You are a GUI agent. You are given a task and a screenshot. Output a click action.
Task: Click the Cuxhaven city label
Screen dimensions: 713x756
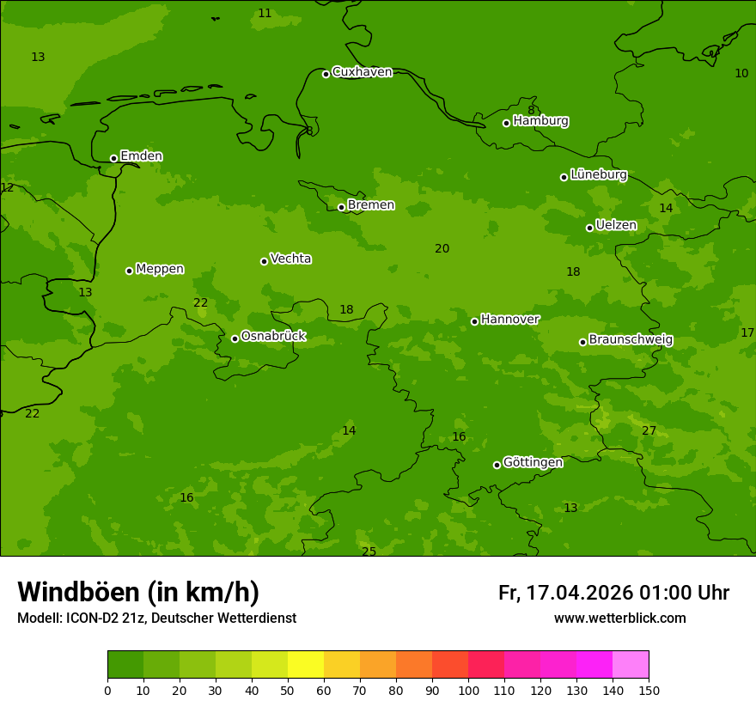tap(362, 72)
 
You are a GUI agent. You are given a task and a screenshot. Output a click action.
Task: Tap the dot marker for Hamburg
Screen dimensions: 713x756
tap(506, 123)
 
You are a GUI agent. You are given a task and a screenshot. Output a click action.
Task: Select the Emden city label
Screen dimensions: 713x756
tap(141, 156)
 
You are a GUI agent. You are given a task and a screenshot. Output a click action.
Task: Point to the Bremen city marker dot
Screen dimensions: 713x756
tap(341, 207)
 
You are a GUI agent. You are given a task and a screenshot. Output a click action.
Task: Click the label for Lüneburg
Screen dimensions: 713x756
tap(598, 174)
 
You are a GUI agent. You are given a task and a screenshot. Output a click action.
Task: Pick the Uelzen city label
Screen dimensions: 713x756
tap(616, 226)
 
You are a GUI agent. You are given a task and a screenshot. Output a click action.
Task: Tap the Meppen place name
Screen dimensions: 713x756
tap(159, 269)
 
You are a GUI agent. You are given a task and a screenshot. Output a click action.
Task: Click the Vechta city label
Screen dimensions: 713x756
tap(290, 259)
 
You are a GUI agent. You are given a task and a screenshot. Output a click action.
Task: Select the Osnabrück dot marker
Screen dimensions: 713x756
tap(235, 338)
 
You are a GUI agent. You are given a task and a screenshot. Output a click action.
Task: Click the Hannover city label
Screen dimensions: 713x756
tap(509, 320)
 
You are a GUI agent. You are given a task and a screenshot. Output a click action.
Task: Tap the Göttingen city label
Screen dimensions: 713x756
tap(533, 462)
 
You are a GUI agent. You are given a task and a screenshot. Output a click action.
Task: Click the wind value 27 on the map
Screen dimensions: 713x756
tap(649, 430)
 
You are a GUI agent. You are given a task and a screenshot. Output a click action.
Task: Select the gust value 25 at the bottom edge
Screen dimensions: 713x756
tap(369, 552)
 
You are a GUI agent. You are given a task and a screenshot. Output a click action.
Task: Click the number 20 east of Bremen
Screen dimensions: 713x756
tap(442, 248)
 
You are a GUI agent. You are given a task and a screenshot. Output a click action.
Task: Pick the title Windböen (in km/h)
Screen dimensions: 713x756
tap(138, 592)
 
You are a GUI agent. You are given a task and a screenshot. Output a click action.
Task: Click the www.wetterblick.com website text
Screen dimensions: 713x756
tap(619, 618)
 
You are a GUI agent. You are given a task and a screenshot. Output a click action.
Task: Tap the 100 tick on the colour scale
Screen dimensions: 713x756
tap(468, 690)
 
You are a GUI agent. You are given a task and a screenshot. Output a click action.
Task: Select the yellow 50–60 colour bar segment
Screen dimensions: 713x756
tap(306, 665)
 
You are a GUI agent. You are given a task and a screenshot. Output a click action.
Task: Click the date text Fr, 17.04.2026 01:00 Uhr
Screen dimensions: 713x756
tap(613, 593)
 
